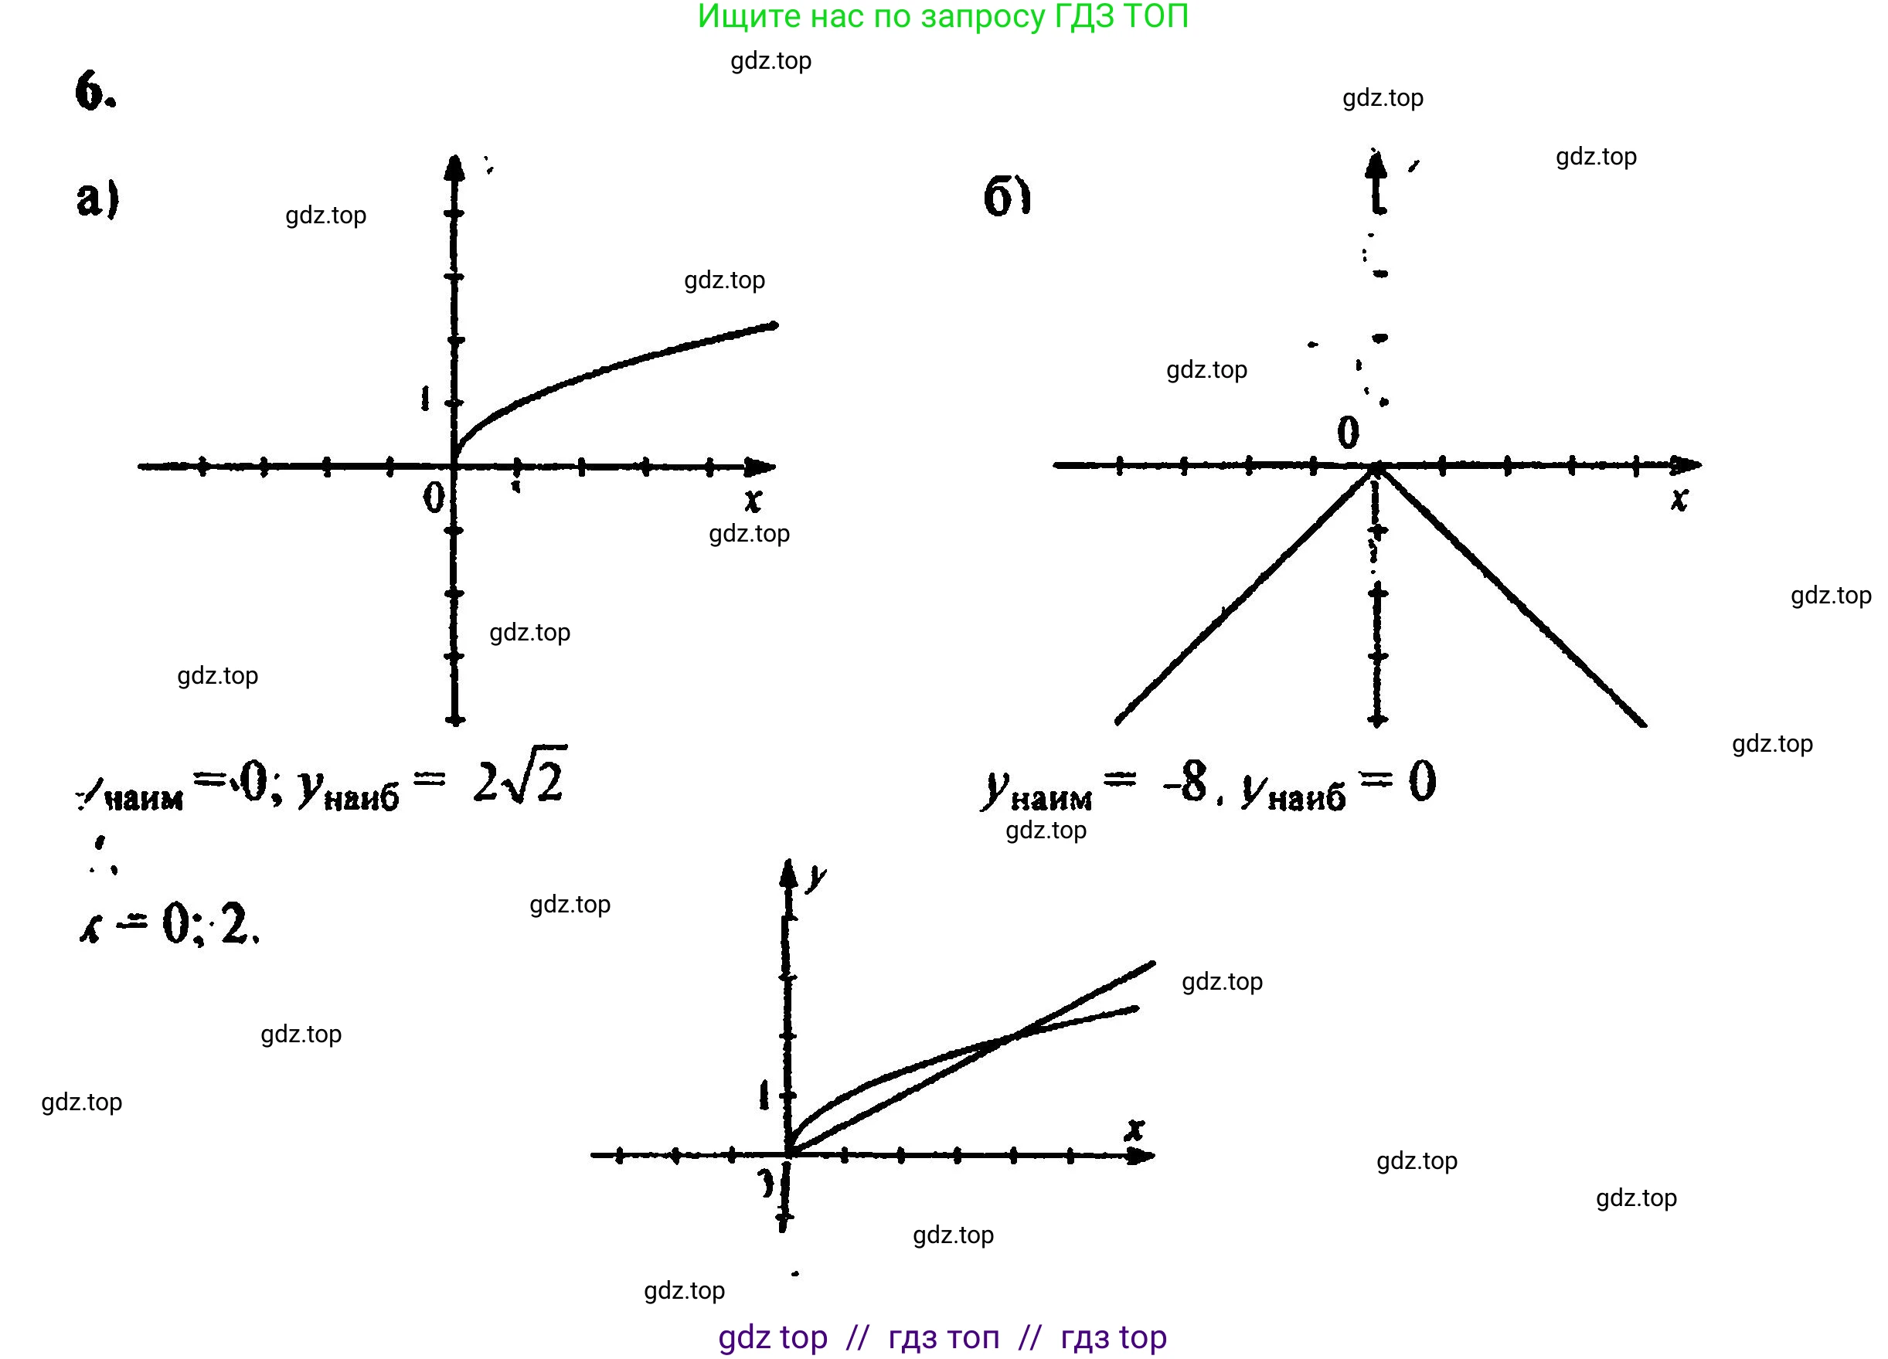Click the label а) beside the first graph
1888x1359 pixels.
tap(97, 199)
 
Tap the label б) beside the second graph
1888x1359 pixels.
tap(1007, 197)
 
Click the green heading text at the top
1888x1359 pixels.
tap(942, 17)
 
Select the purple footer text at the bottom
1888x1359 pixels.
tap(942, 1337)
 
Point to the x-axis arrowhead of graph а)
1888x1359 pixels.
tap(761, 467)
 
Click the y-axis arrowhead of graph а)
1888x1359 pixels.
tap(454, 166)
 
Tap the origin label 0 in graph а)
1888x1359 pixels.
tap(433, 498)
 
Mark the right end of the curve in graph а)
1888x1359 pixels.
tap(774, 325)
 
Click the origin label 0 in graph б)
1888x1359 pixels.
tap(1348, 433)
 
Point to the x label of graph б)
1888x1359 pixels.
tap(1679, 498)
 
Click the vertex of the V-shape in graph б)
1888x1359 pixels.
tap(1377, 468)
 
